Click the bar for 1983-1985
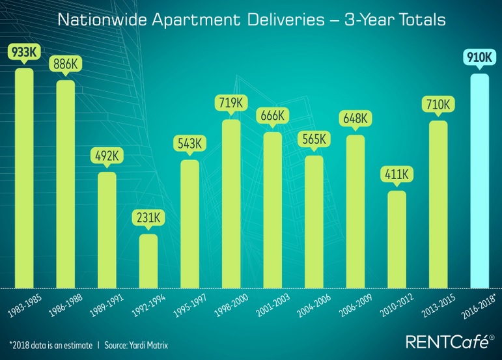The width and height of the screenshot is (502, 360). coord(24,179)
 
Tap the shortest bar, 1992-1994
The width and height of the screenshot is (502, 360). coord(148,260)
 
